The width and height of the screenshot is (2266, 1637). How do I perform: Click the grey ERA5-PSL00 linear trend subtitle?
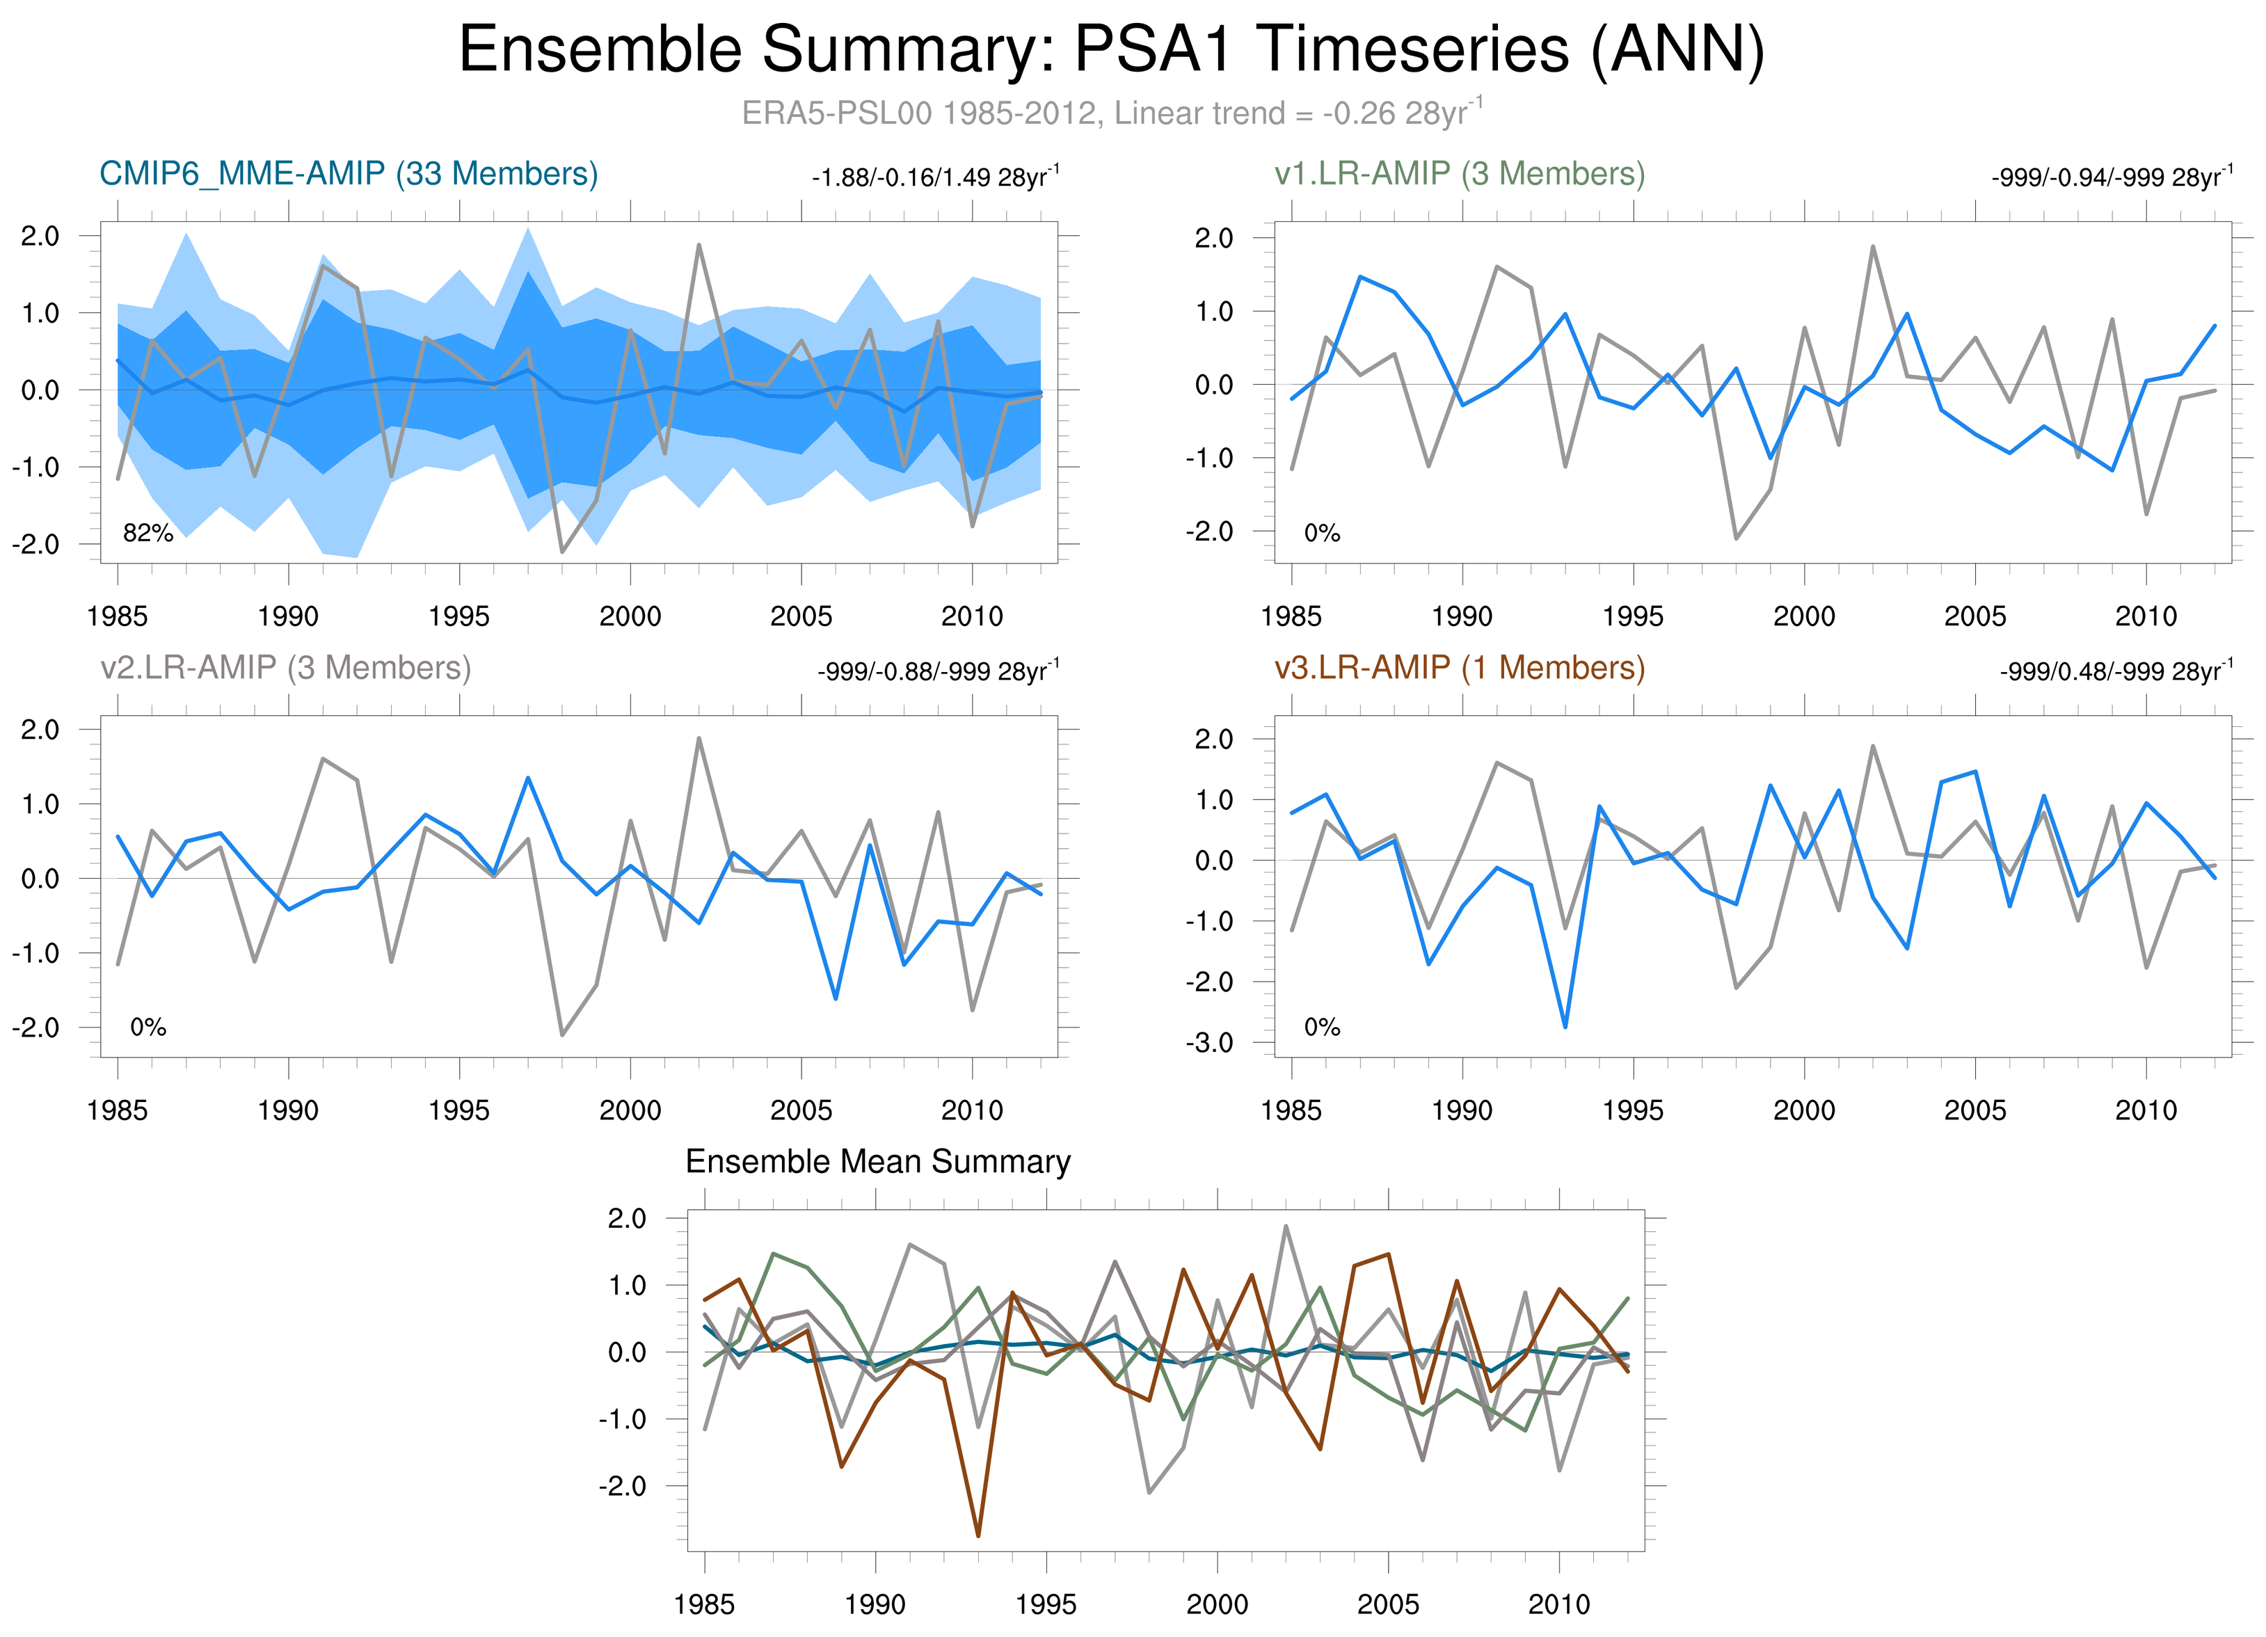pos(1111,113)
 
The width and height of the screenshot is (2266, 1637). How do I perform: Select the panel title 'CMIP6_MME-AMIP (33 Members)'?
pos(349,174)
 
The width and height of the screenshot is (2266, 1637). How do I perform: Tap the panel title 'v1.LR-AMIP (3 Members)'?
pos(1459,174)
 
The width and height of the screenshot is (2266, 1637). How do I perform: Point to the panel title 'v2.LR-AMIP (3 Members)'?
pos(286,667)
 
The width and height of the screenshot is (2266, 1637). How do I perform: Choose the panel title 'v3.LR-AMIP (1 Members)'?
pos(1459,667)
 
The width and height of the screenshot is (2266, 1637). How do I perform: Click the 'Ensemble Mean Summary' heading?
pos(877,1162)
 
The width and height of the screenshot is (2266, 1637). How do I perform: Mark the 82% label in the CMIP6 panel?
pos(148,534)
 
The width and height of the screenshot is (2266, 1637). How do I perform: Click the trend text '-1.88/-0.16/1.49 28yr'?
pos(934,178)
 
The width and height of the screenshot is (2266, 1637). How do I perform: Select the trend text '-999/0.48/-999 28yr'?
pos(2115,671)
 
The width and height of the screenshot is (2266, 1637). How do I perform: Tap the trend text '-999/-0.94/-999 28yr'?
pos(2111,178)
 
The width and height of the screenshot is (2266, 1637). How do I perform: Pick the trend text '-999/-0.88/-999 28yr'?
pos(937,671)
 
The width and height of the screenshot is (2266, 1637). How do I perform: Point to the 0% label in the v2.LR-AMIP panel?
pos(148,1027)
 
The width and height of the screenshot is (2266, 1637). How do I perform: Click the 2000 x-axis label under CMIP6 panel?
pos(630,616)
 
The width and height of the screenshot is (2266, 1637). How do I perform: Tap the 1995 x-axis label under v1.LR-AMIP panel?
pos(1633,616)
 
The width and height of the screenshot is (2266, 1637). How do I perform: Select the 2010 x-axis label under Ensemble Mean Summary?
pos(1558,1604)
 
